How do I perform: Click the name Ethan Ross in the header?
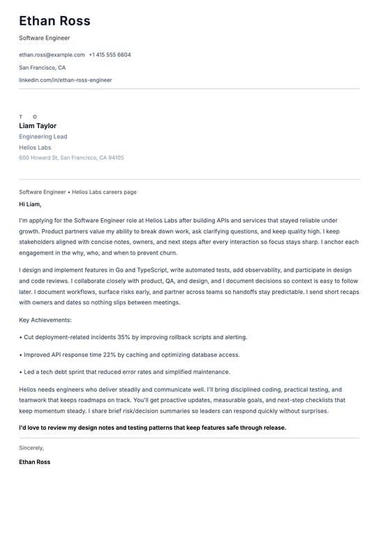[x=54, y=21]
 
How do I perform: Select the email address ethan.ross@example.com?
[x=52, y=54]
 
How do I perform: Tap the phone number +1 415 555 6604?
[x=110, y=54]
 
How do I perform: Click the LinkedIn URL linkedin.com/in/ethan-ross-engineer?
[x=66, y=80]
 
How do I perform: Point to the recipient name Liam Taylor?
[x=38, y=126]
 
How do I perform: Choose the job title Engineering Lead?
[x=43, y=137]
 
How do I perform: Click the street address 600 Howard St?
[x=38, y=158]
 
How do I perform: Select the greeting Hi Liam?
[x=30, y=204]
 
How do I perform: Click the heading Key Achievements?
[x=45, y=320]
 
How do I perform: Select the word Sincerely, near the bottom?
[x=31, y=448]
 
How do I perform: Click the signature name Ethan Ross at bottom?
[x=35, y=462]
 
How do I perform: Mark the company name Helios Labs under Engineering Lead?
[x=35, y=148]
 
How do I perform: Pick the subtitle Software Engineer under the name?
[x=45, y=38]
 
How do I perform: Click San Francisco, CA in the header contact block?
[x=43, y=68]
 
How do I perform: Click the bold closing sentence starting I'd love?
[x=152, y=428]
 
